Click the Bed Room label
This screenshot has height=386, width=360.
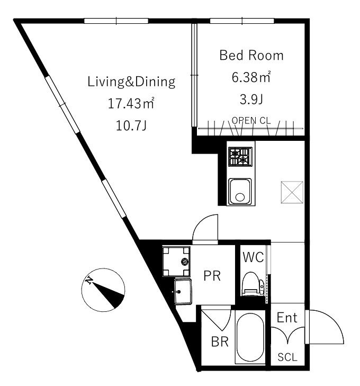tap(251, 55)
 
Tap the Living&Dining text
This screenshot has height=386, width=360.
tap(131, 82)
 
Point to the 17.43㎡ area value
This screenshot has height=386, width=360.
tap(131, 103)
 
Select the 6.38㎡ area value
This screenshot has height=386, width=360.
tap(251, 77)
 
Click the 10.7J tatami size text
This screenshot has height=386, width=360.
tap(131, 126)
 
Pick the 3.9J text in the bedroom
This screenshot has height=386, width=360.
tap(251, 100)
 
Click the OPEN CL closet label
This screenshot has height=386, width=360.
tap(251, 120)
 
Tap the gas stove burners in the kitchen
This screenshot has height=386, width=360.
tap(240, 157)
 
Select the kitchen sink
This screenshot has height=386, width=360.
tap(240, 192)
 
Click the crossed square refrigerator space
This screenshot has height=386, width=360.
tap(292, 192)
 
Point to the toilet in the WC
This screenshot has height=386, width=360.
tap(253, 284)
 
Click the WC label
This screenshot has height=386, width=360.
tap(253, 257)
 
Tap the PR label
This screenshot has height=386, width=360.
tap(212, 276)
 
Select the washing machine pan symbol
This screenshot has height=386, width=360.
tap(176, 261)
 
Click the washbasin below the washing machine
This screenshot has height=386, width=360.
tap(183, 291)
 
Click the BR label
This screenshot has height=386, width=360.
tap(220, 342)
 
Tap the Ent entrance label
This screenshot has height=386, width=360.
tap(287, 318)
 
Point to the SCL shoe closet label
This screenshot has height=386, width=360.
tap(287, 357)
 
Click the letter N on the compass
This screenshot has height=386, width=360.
tap(89, 280)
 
